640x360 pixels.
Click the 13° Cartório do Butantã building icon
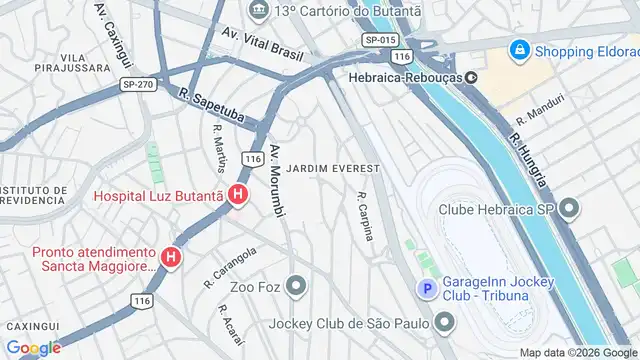point(259,11)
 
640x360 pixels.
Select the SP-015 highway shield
point(381,39)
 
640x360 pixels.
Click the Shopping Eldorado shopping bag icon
point(519,49)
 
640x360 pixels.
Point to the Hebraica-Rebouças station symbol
point(469,76)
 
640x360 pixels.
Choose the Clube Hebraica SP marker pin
point(570,209)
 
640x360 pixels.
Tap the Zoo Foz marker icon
point(294,288)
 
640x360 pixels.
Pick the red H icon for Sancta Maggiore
point(171,259)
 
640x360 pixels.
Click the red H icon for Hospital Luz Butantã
point(237,195)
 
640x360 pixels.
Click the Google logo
point(33,348)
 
